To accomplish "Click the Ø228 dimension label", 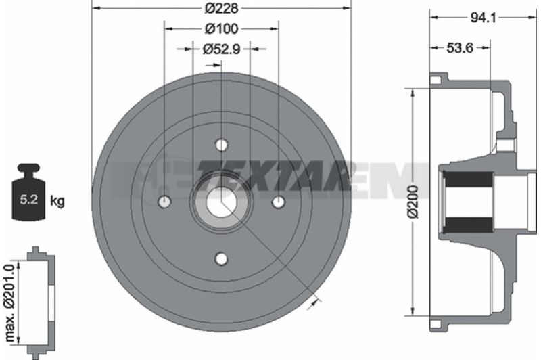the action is (221, 8).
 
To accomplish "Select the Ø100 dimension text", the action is (221, 28).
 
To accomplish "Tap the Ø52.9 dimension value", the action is (221, 49).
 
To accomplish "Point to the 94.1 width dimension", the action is (484, 18).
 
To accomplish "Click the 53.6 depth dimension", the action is (460, 48).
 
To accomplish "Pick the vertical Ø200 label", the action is (413, 202).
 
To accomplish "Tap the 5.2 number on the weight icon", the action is (28, 200).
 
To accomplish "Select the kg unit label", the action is (57, 200).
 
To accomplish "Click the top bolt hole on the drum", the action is (222, 145).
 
